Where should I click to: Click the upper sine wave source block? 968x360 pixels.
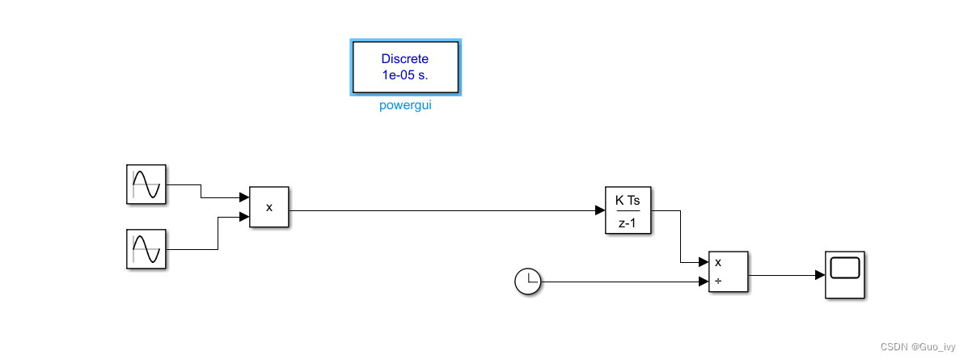coord(146,184)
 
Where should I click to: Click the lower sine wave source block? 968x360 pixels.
coord(146,248)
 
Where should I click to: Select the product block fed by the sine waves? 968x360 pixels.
coord(268,207)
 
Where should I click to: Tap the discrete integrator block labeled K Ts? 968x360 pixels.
coord(628,210)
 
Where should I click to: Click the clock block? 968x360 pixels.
coord(527,282)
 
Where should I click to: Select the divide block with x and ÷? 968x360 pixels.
coord(728,272)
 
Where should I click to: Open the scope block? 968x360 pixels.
coord(845,275)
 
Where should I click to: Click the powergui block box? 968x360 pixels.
coord(405,66)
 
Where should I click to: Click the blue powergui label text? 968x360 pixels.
coord(405,106)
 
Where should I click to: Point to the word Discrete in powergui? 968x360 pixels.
coord(405,59)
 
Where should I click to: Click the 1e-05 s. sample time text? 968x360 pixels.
coord(405,75)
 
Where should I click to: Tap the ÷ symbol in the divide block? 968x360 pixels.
coord(718,282)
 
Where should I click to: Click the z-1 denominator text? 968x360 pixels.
coord(628,222)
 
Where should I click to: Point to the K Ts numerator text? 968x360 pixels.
coord(628,200)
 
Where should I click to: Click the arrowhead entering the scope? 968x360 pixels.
coord(820,275)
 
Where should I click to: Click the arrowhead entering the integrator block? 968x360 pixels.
coord(600,210)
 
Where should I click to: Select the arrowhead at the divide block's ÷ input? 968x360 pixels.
coord(704,282)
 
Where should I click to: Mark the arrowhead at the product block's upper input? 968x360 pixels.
coord(244,197)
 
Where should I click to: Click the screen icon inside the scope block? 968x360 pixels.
coord(845,268)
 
